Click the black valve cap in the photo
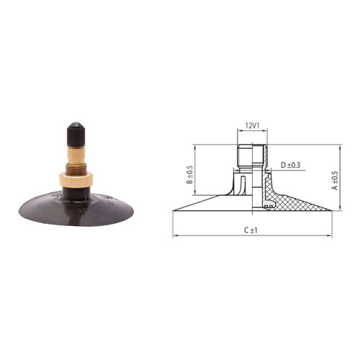[x=76, y=135]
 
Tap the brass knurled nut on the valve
[x=76, y=180]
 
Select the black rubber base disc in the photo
[x=76, y=209]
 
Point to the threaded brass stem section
[x=76, y=167]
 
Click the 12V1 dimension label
[x=252, y=125]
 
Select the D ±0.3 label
[x=290, y=165]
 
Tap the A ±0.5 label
[x=335, y=181]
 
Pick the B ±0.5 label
[x=189, y=175]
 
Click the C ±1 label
[x=251, y=230]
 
